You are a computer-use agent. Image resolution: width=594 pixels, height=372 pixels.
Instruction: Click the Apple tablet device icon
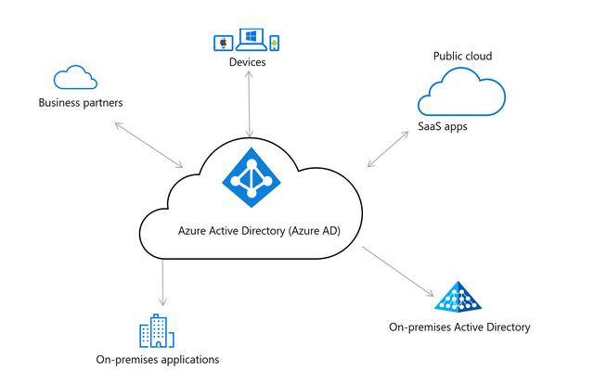(223, 43)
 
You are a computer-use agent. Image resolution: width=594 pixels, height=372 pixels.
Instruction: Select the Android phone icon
(274, 43)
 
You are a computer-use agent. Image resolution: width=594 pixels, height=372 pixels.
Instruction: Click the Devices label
(248, 62)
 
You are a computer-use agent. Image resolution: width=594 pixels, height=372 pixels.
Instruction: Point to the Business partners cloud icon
(75, 77)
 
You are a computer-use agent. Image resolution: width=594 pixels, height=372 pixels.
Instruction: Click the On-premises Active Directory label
(459, 327)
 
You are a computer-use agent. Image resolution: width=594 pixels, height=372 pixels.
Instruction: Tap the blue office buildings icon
(158, 331)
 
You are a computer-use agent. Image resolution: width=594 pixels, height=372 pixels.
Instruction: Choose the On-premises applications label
(158, 359)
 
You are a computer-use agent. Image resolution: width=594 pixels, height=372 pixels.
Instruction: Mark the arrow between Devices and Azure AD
(248, 102)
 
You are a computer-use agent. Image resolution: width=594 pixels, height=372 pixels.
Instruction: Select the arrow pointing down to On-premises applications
(163, 282)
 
